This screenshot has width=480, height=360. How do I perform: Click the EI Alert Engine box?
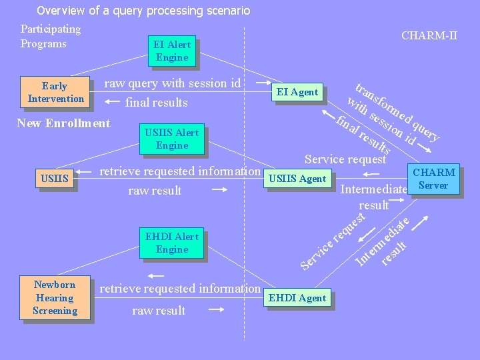pos(172,51)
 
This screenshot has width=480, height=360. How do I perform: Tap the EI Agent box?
pos(297,92)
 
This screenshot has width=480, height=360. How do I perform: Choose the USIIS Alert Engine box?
pos(172,139)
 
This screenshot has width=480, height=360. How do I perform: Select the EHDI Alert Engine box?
pos(172,243)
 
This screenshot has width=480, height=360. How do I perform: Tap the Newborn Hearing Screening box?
pos(55,297)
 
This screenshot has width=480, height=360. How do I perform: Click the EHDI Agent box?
pos(297,298)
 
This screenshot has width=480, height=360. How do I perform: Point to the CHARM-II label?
pos(429,35)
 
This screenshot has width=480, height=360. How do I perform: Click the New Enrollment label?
pos(63,123)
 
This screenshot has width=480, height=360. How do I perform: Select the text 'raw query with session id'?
pos(172,83)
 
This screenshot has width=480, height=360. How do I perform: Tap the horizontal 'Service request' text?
pos(345,159)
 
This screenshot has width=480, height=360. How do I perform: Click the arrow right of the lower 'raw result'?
pos(216,310)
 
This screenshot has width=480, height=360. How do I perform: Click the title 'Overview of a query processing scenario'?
pos(143,11)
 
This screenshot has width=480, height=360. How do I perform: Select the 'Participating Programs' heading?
pos(51,36)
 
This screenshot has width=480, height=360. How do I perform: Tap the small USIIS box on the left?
pos(55,179)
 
